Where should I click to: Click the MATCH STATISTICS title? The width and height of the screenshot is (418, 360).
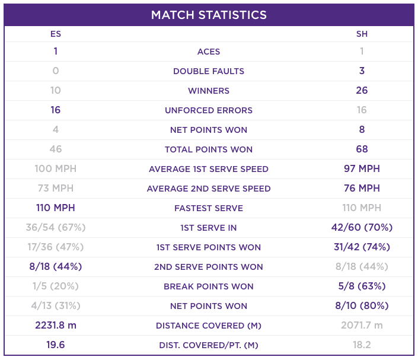click(209, 15)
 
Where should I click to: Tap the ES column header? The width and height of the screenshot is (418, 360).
click(56, 34)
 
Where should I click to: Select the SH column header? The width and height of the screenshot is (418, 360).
click(362, 34)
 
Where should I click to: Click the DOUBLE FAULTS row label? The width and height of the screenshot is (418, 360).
click(209, 71)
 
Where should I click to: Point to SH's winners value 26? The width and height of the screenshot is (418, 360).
click(362, 90)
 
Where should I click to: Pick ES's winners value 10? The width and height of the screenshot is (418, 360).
click(56, 90)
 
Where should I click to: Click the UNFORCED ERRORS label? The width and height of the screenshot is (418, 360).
click(209, 110)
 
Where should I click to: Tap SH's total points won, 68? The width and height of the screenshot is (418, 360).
click(362, 149)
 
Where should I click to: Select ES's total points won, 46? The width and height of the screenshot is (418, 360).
click(56, 149)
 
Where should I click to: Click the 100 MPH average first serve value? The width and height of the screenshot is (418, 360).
click(56, 168)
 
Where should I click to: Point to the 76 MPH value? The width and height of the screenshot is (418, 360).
click(362, 188)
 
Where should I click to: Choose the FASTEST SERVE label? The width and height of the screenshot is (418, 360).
click(209, 208)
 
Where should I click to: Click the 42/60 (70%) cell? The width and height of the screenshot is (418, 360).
click(362, 228)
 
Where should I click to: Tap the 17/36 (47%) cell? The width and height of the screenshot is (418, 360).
click(56, 247)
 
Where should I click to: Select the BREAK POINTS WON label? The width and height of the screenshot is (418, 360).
click(209, 286)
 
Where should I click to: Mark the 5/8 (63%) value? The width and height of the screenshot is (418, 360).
click(362, 286)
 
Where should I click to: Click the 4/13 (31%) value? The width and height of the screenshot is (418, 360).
click(56, 305)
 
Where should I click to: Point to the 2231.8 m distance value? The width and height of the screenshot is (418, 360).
click(56, 326)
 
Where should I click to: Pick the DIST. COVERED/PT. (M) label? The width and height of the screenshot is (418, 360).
click(209, 345)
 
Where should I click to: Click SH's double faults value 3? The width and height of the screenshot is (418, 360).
click(362, 71)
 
